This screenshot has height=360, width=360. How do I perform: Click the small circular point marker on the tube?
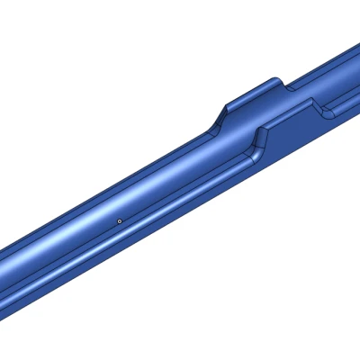[x=120, y=219]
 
